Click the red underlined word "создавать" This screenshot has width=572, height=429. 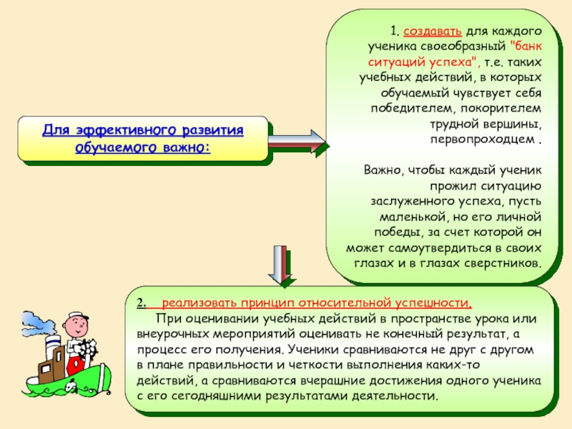click(430, 32)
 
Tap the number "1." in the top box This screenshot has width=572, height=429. click(395, 32)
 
